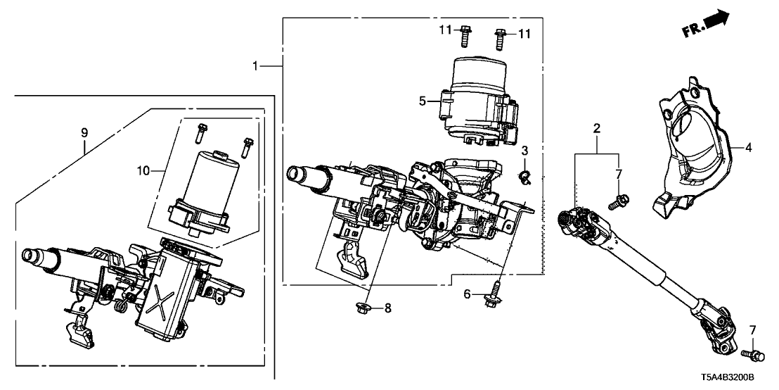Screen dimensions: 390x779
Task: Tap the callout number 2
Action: [x=596, y=129]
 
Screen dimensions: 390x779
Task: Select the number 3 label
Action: [x=524, y=151]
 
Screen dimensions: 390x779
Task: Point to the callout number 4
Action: [x=748, y=148]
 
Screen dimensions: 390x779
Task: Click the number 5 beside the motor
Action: [x=423, y=101]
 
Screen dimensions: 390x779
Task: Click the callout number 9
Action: [x=84, y=132]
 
